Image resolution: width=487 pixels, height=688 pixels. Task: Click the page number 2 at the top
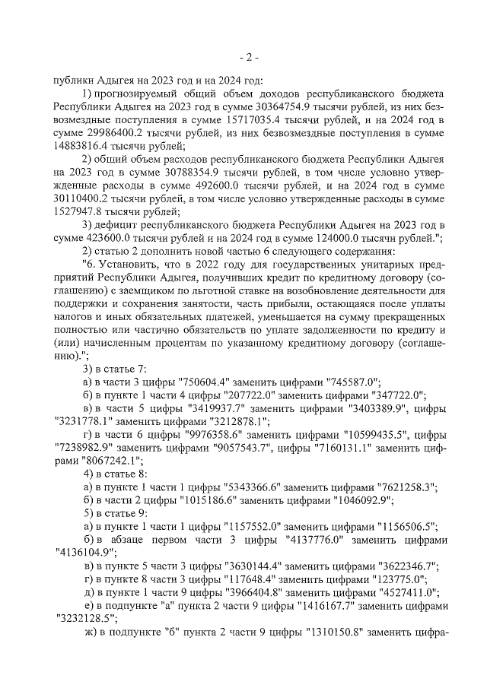click(249, 57)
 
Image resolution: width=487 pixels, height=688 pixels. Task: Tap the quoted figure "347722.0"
click(392, 395)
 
